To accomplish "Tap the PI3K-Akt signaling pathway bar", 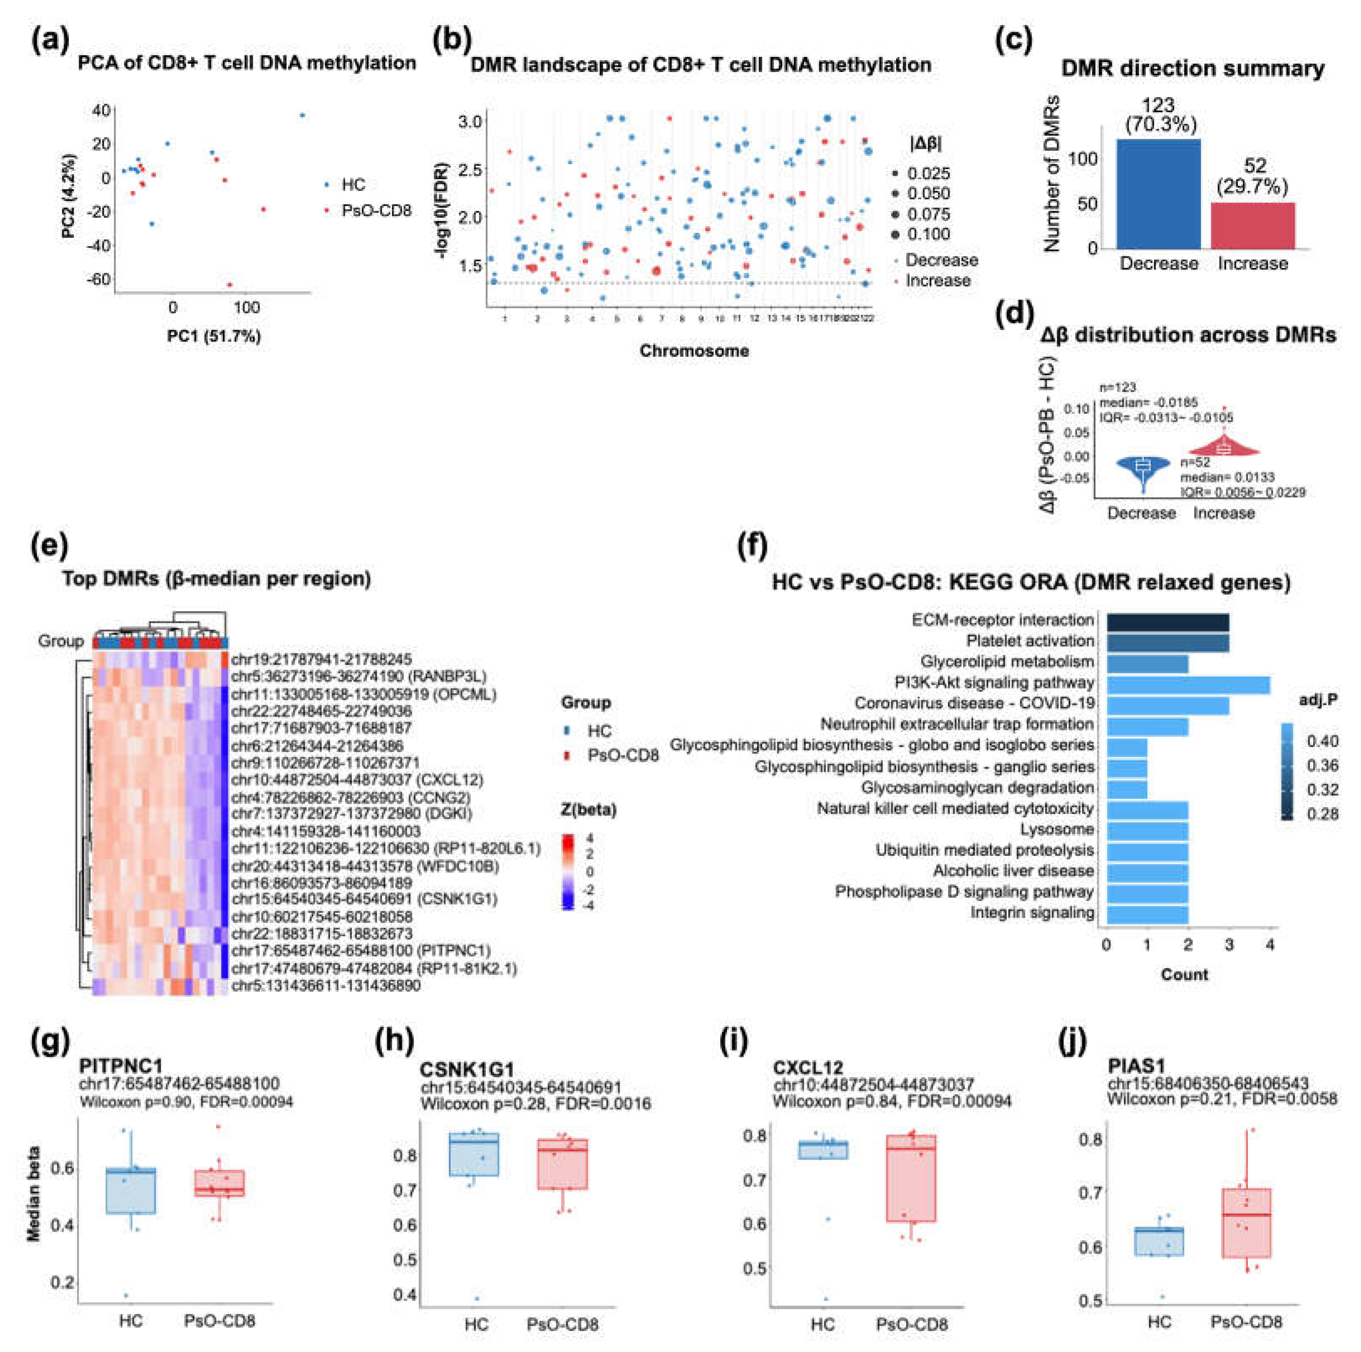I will [x=1188, y=682].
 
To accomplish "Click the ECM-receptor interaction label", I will [x=1002, y=619].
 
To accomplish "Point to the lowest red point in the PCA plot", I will [x=229, y=285].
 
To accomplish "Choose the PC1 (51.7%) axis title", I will [x=214, y=337].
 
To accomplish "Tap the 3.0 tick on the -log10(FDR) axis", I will [x=469, y=121].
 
